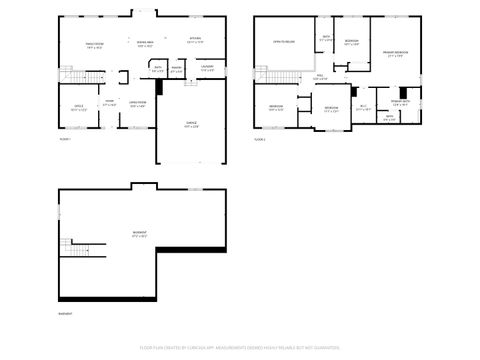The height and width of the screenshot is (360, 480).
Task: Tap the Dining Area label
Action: pos(146,44)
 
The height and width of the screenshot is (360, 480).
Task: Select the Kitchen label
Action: pos(195,41)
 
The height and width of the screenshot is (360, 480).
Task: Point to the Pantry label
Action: pos(176,70)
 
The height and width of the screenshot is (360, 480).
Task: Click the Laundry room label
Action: pos(206,69)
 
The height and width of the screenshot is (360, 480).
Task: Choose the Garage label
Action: pos(191,125)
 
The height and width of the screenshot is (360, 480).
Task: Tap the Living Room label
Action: pos(138,103)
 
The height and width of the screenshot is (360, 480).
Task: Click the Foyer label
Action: pos(110,103)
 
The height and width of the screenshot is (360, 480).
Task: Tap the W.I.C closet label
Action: pos(364,107)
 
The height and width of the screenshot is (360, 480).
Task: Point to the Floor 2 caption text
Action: pos(259,140)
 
